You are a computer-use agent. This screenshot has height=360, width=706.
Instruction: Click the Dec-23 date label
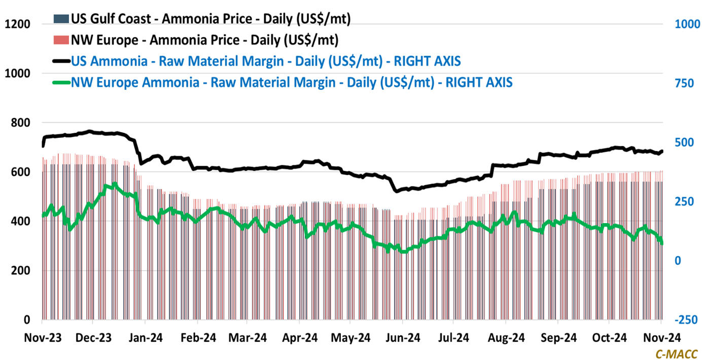pos(92,338)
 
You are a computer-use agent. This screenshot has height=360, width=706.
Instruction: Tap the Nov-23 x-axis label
pos(41,338)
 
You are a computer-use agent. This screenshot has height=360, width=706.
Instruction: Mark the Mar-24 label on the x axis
pos(247,338)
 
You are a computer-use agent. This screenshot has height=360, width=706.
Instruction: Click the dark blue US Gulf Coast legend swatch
pos(61,19)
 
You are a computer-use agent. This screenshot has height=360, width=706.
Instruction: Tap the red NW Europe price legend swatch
pos(61,40)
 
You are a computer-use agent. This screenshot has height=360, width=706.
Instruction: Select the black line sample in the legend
pos(61,61)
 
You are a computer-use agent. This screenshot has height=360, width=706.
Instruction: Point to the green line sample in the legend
pos(61,81)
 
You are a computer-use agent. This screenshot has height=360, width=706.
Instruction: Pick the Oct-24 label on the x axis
pos(609,338)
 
